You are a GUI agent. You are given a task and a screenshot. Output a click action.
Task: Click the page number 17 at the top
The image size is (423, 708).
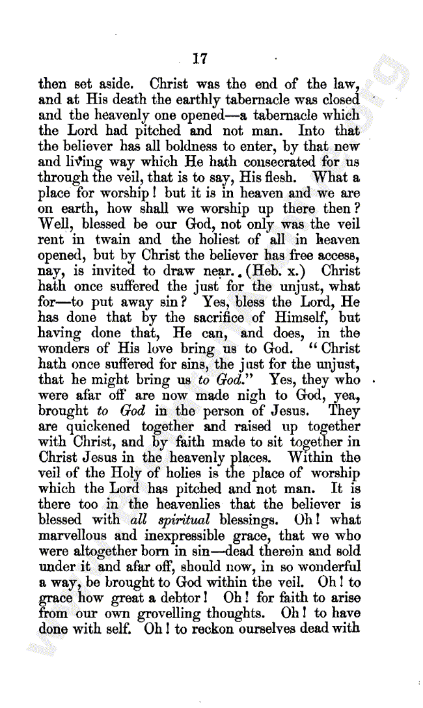click(x=200, y=59)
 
